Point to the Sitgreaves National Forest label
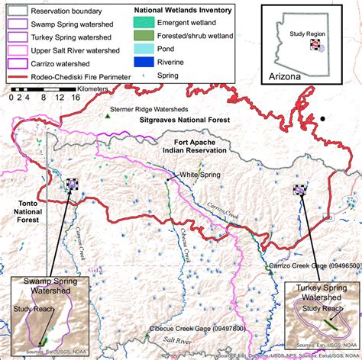pyautogui.click(x=187, y=121)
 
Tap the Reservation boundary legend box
pyautogui.click(x=15, y=10)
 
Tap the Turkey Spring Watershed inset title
pyautogui.click(x=324, y=294)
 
